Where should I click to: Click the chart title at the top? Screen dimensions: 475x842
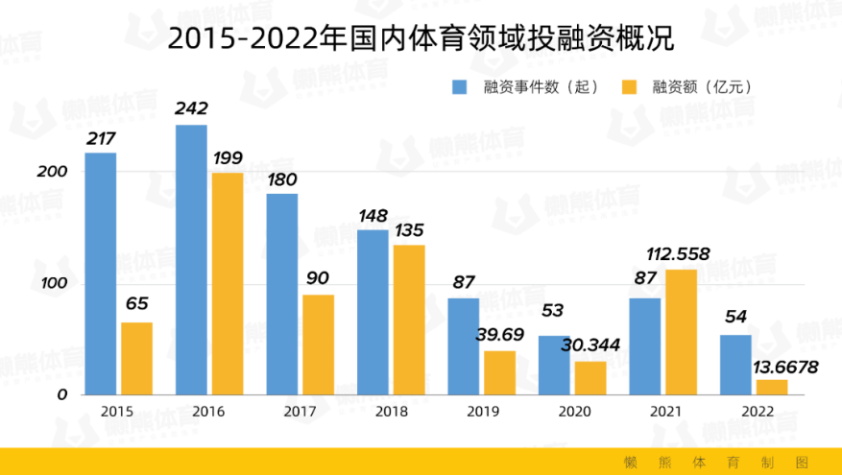pyautogui.click(x=421, y=38)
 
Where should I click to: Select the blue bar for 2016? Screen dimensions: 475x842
pyautogui.click(x=191, y=259)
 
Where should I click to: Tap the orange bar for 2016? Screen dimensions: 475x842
pyautogui.click(x=228, y=283)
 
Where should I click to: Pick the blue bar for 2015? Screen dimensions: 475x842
pyautogui.click(x=100, y=273)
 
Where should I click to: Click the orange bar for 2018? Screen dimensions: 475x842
pyautogui.click(x=409, y=320)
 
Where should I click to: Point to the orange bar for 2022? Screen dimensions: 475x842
pyautogui.click(x=772, y=387)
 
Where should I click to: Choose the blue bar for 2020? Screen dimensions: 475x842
pyautogui.click(x=554, y=365)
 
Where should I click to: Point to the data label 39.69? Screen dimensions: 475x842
pyautogui.click(x=499, y=335)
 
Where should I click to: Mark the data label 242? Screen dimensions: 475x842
pyautogui.click(x=191, y=108)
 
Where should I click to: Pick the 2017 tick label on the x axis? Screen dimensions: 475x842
pyautogui.click(x=300, y=412)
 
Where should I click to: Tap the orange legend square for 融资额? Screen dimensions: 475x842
pyautogui.click(x=631, y=86)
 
